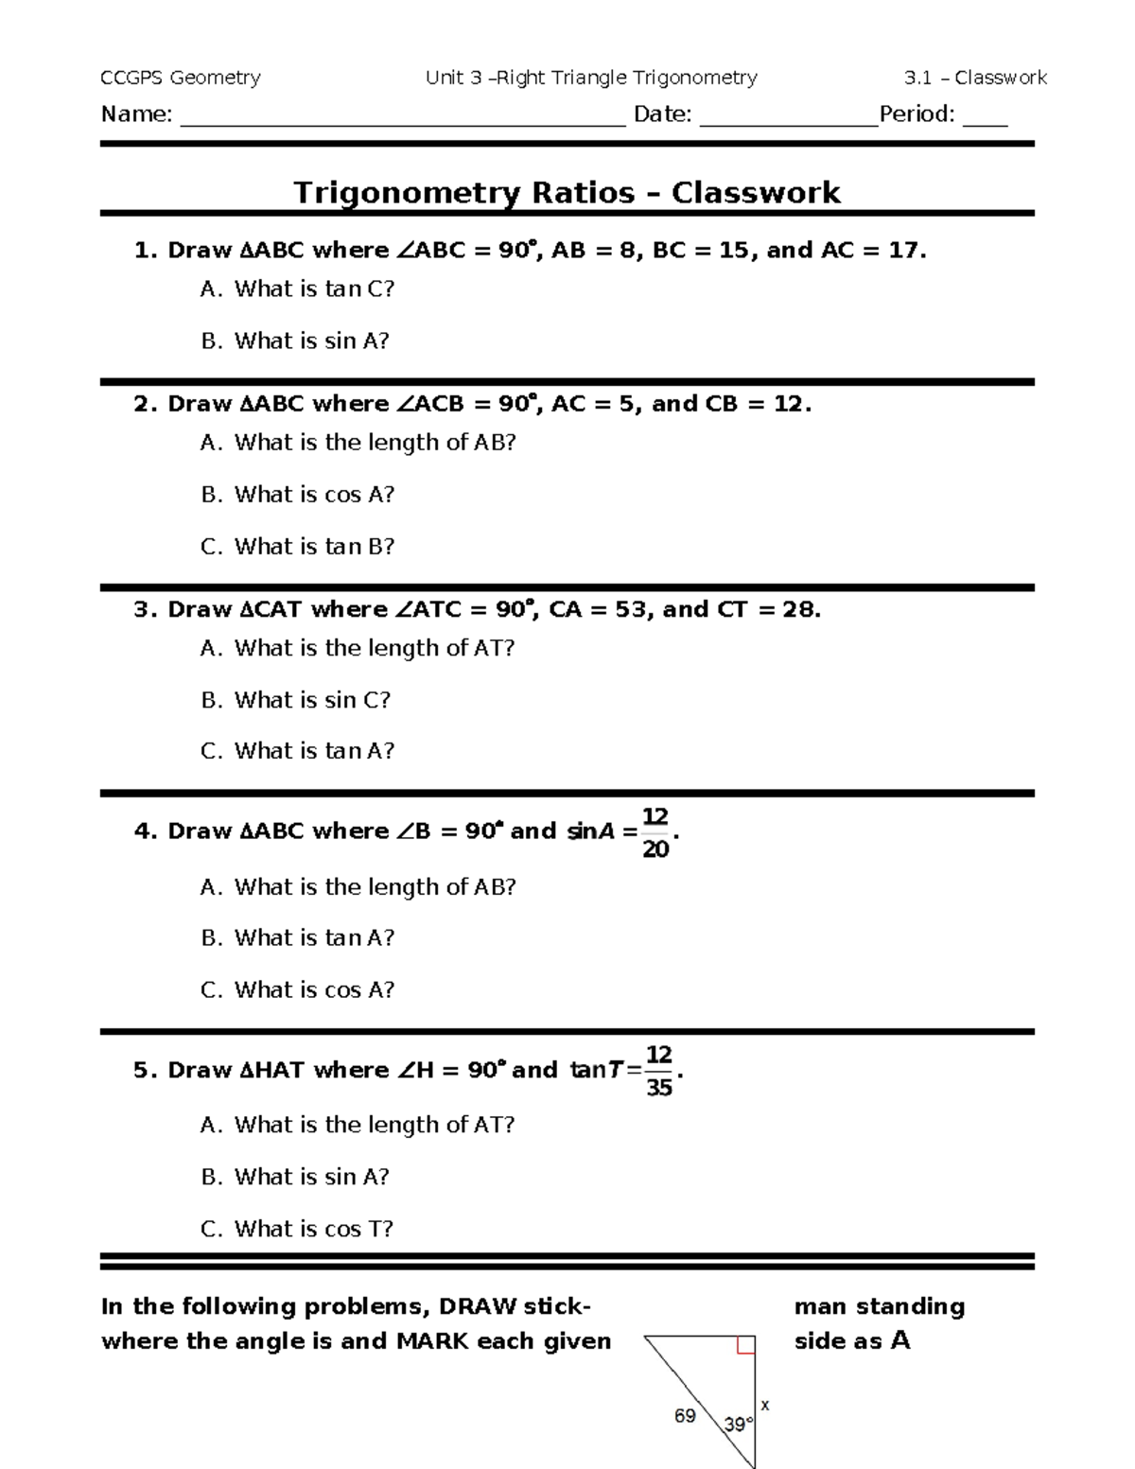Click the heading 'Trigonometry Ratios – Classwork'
566,193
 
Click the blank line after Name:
402,117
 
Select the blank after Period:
986,117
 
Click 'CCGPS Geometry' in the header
180,78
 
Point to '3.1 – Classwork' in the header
975,78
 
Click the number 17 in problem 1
904,251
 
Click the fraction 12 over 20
655,832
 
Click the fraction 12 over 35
658,1071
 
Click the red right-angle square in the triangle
745,1345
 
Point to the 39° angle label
738,1424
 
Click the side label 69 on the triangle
685,1416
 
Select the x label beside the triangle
765,1406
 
